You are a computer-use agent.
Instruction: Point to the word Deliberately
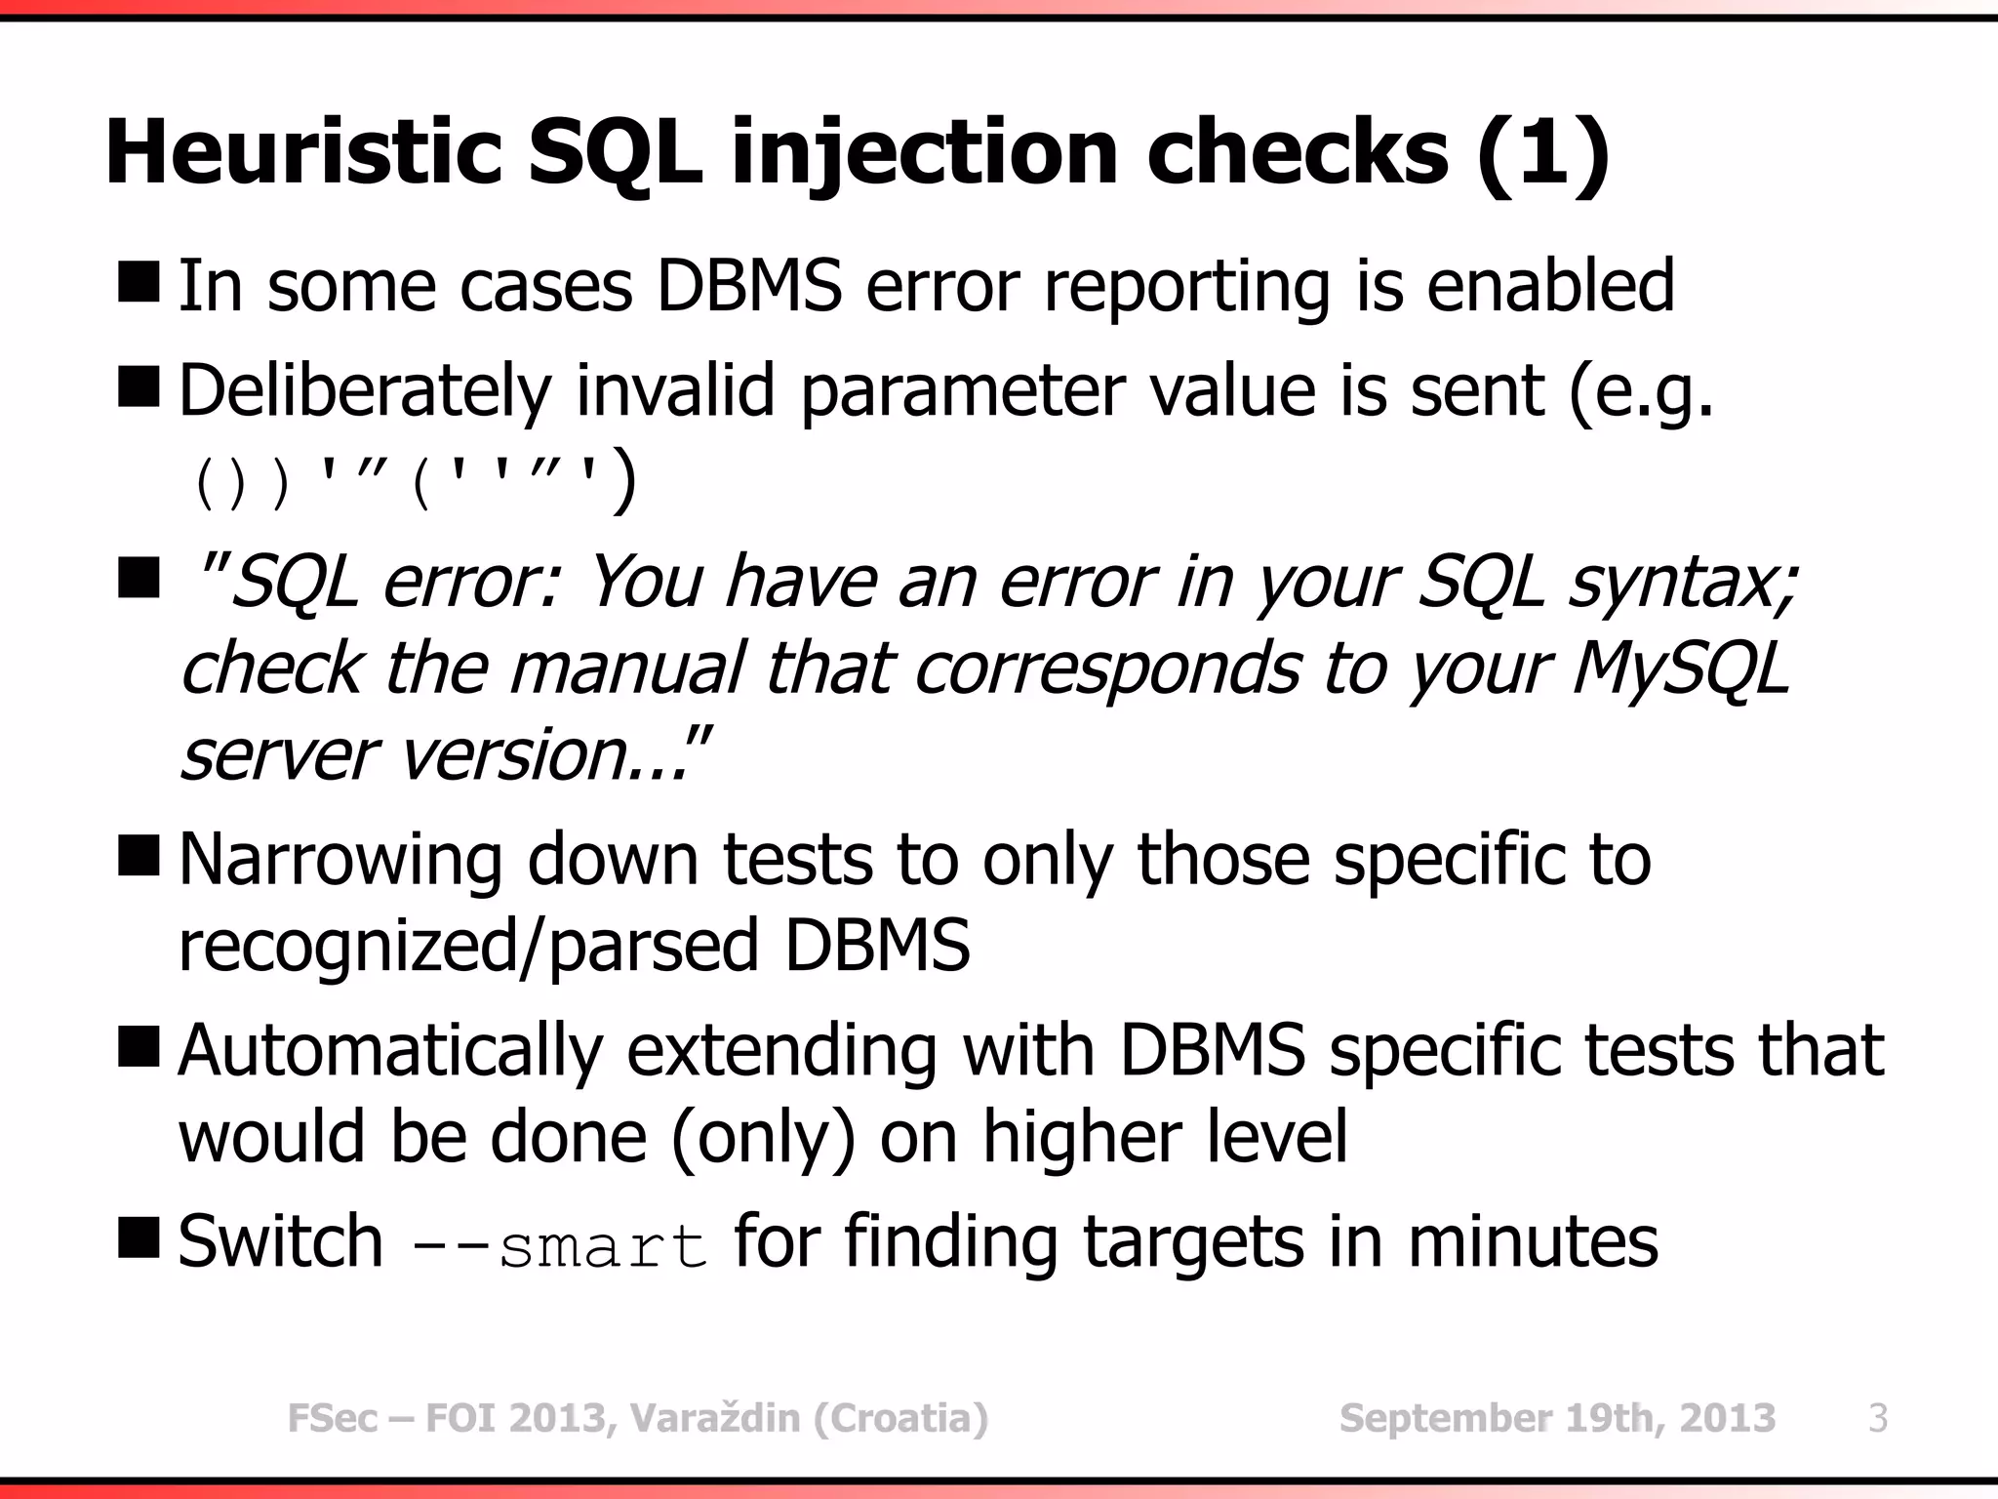tap(365, 391)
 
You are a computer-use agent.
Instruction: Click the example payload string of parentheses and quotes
tap(415, 482)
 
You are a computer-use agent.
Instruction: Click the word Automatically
tap(390, 1051)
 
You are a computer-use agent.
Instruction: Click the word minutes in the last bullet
tap(1533, 1241)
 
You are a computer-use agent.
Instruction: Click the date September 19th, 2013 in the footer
tap(1557, 1418)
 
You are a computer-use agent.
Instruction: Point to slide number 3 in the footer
tap(1878, 1418)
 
